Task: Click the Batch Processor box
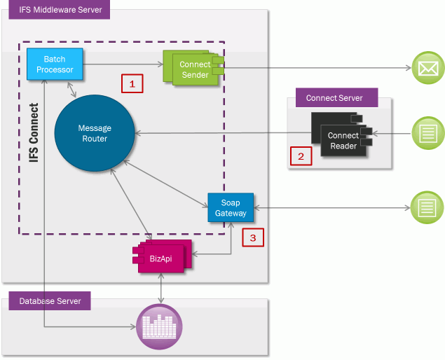pos(55,64)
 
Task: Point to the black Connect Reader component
pos(341,140)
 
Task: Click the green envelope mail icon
pos(427,69)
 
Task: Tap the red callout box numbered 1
pos(132,83)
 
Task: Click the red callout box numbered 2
pos(301,155)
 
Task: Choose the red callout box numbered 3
pos(254,237)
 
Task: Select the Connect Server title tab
pos(334,97)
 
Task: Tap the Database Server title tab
pos(50,301)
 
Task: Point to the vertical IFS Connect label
pos(34,133)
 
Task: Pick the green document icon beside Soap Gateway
pos(427,207)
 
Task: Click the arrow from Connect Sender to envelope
pos(315,69)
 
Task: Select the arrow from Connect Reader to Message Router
pos(217,133)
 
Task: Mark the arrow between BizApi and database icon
pos(162,287)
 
